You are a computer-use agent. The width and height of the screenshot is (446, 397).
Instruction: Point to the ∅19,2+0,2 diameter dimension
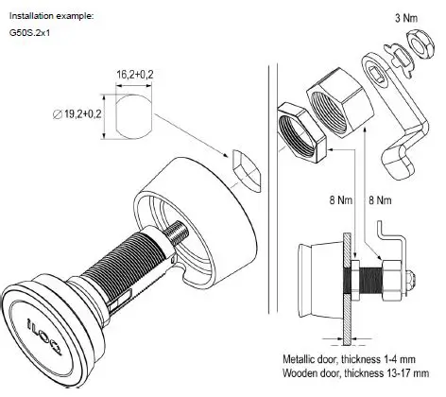tap(79, 113)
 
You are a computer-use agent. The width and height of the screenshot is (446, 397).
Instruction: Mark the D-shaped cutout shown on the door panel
tap(243, 170)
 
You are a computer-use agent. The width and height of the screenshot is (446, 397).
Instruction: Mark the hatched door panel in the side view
tap(346, 292)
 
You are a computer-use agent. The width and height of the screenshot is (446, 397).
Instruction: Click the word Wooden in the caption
tap(302, 372)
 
